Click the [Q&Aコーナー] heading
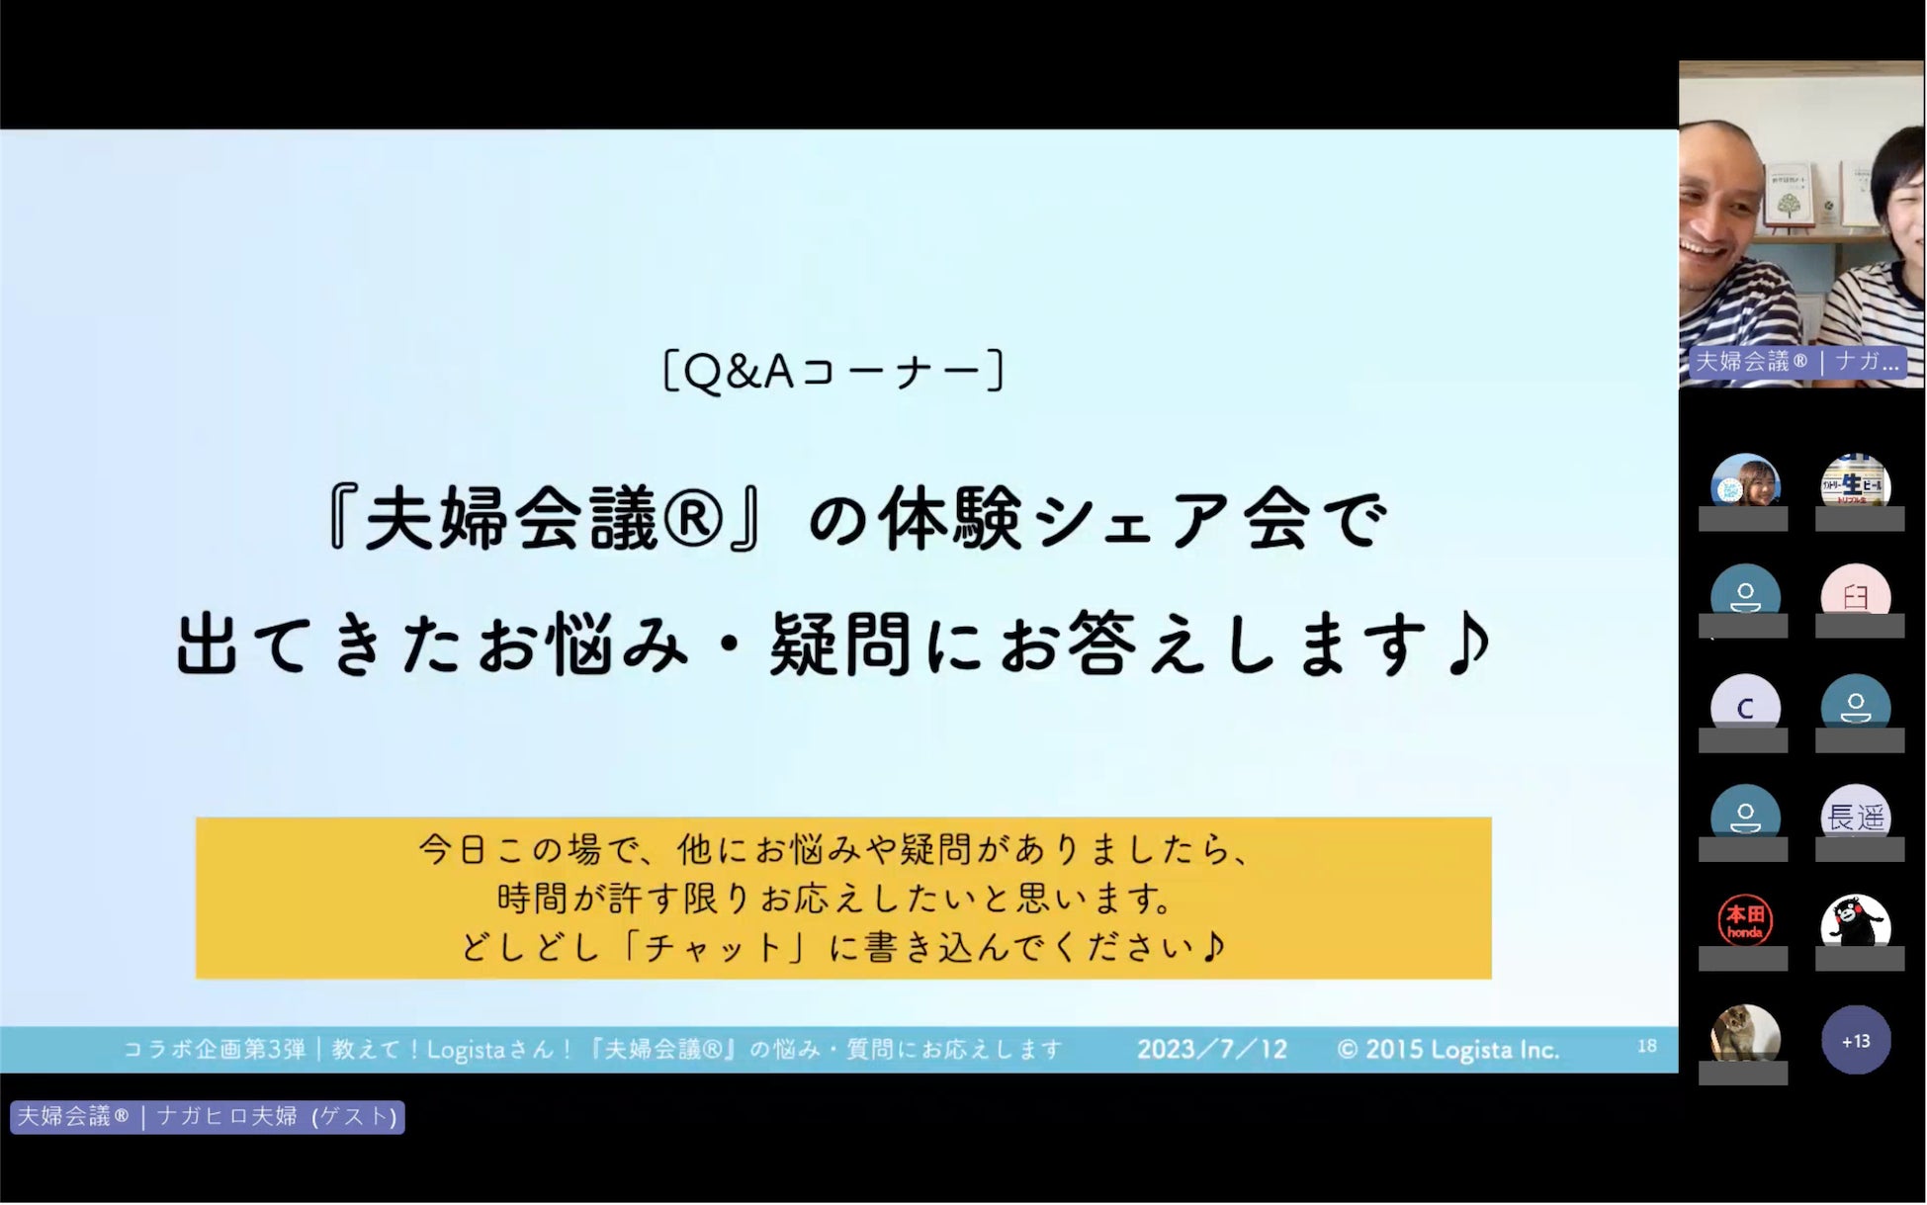[x=833, y=371]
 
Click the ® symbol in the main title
[x=694, y=521]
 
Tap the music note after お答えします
[x=1470, y=643]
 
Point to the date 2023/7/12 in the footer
[x=1212, y=1049]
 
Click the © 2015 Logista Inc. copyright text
[x=1448, y=1049]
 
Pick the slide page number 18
[x=1646, y=1046]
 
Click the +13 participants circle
[x=1856, y=1041]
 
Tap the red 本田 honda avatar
[x=1745, y=921]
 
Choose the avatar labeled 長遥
[x=1856, y=815]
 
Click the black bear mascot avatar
[x=1856, y=922]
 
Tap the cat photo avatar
[x=1745, y=1034]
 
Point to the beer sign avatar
[x=1856, y=481]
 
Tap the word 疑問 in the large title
[x=839, y=645]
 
